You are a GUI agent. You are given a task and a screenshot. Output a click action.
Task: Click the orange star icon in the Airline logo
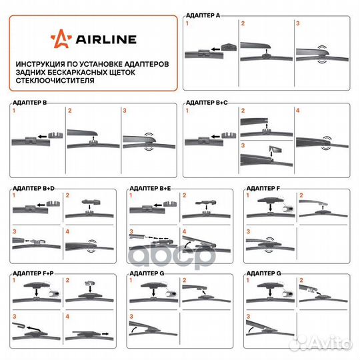click(x=61, y=39)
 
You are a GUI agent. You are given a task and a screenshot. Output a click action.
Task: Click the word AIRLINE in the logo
click(x=106, y=39)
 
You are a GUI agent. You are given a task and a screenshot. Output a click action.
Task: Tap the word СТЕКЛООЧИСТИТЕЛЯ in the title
click(x=55, y=81)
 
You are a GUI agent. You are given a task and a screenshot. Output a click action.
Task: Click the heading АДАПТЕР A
click(x=203, y=15)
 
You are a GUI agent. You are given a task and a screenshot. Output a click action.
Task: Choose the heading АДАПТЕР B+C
click(x=207, y=103)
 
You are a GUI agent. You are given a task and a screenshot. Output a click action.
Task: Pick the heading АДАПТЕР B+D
click(x=33, y=189)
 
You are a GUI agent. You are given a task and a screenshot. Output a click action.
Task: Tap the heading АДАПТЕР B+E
click(x=150, y=189)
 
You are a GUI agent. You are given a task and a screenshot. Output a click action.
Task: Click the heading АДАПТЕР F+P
click(x=33, y=273)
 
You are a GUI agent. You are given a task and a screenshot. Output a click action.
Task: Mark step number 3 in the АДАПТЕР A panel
click(x=298, y=23)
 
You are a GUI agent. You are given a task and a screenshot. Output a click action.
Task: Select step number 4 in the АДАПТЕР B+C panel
click(x=298, y=111)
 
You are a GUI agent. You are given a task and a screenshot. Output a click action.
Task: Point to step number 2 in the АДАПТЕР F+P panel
click(x=67, y=280)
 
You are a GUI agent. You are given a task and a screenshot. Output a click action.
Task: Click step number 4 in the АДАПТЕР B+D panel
click(x=67, y=231)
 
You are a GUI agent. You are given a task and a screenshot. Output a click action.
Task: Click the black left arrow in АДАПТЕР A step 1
click(x=215, y=49)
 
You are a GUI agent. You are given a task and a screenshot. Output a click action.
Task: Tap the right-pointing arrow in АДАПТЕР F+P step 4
click(x=105, y=333)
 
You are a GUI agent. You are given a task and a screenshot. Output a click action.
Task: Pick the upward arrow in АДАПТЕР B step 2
click(x=93, y=139)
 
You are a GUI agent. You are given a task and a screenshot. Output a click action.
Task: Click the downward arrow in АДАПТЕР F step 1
click(x=271, y=208)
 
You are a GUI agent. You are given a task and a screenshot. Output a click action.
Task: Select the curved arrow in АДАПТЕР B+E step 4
click(x=188, y=244)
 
